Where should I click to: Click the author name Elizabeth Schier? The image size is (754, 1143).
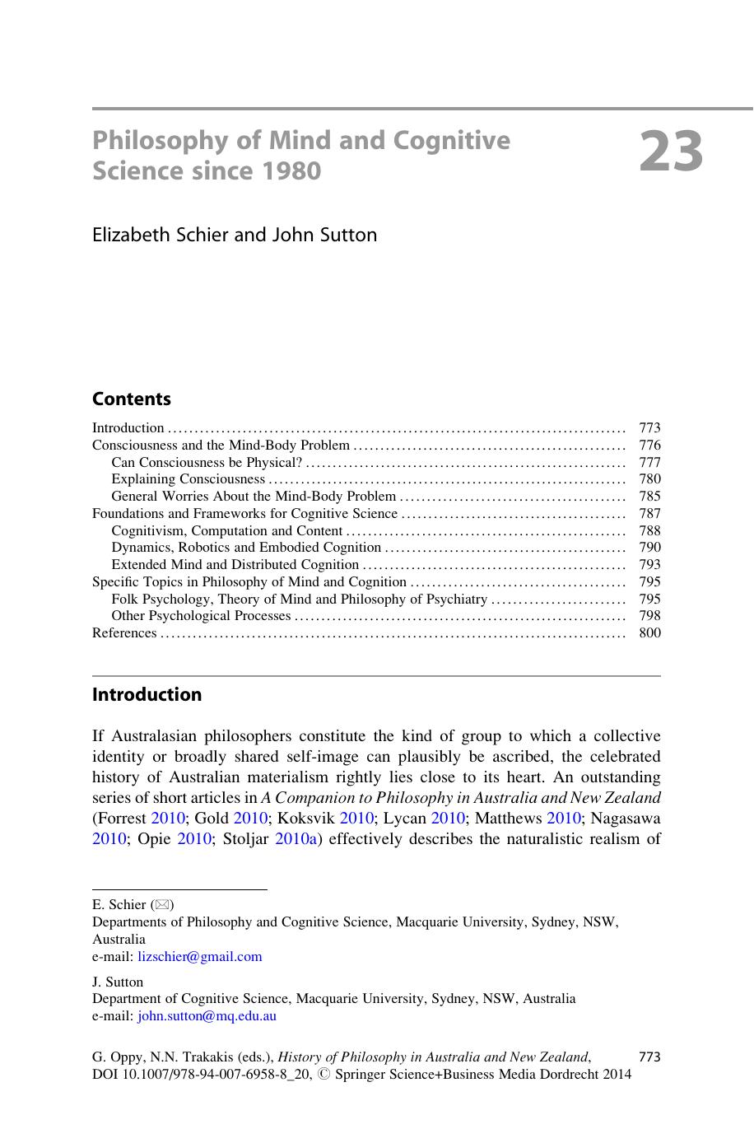[x=161, y=235]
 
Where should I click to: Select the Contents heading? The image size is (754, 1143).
[x=132, y=399]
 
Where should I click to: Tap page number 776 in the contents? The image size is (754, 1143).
[x=649, y=446]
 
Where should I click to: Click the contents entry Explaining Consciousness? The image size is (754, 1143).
[x=188, y=479]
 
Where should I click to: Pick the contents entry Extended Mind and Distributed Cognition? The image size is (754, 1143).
[x=235, y=565]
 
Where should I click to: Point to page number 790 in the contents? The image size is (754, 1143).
[x=649, y=548]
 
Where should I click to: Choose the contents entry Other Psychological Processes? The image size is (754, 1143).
[x=202, y=616]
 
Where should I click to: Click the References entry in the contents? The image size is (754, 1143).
[x=124, y=633]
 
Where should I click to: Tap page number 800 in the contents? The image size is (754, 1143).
[x=649, y=633]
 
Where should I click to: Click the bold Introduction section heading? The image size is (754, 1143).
[x=147, y=695]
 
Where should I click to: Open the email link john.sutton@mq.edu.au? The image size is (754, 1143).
[x=207, y=1016]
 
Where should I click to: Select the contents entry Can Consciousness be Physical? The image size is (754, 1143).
[x=207, y=463]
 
